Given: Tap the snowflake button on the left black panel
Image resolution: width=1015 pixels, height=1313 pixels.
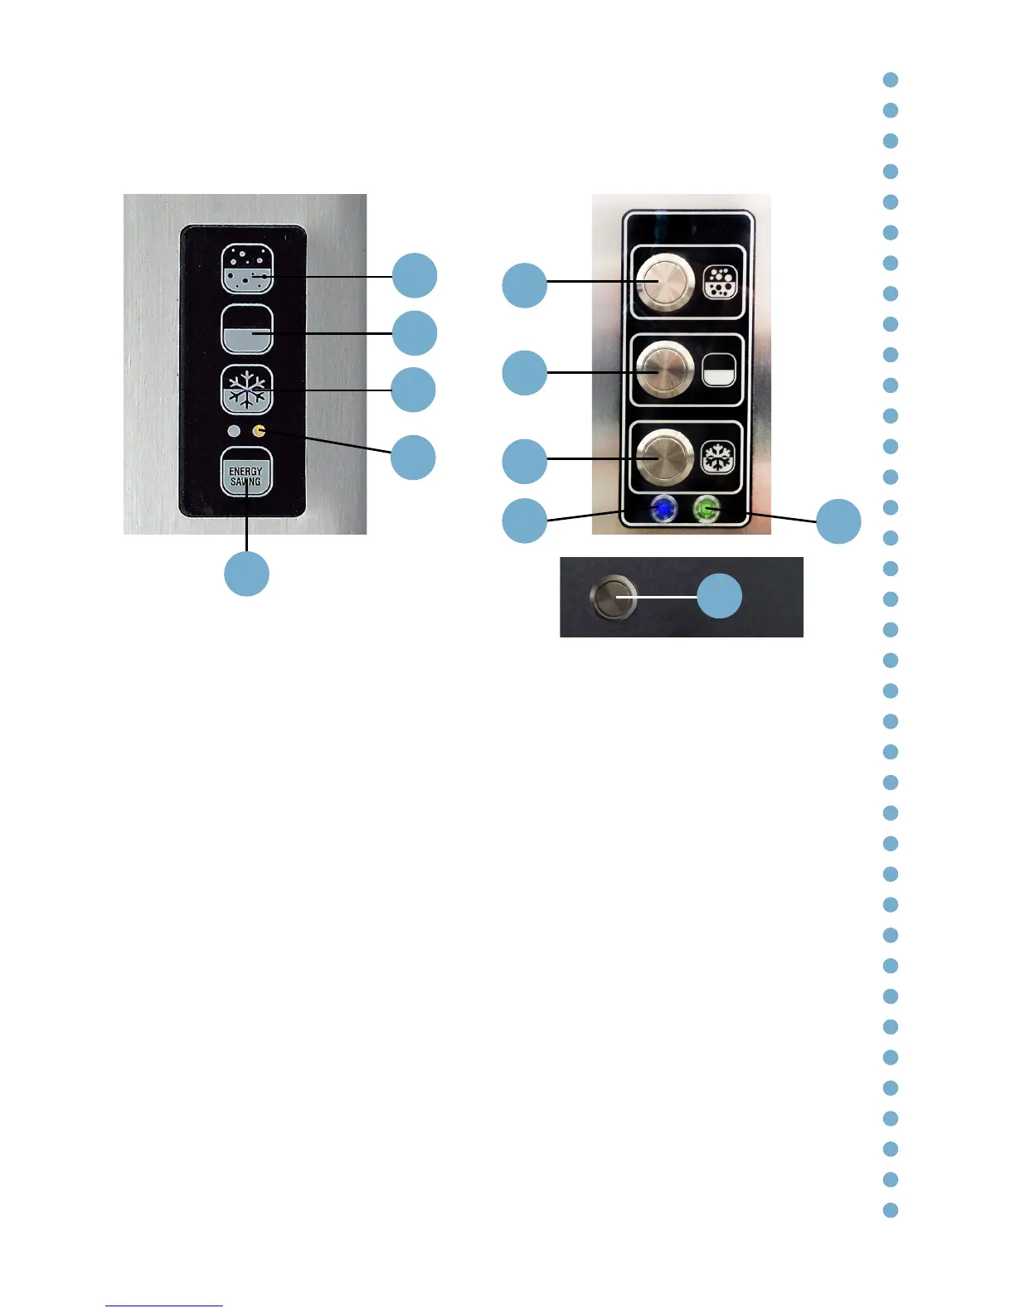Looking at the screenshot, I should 246,390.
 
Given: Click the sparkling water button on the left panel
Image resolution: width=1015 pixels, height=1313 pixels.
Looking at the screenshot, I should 246,269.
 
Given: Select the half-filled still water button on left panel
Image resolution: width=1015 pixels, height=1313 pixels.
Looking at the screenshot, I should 246,329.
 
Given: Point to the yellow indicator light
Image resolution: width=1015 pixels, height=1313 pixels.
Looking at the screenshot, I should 260,431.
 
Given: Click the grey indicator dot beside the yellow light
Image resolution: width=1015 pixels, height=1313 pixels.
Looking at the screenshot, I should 234,431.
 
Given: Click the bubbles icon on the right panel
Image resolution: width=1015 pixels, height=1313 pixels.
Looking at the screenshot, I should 719,283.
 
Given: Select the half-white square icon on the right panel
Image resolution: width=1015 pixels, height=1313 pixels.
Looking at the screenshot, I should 719,370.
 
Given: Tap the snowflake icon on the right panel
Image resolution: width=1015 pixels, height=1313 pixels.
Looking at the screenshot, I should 718,458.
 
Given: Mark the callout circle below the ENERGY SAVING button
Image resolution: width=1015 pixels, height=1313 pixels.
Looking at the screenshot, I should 246,574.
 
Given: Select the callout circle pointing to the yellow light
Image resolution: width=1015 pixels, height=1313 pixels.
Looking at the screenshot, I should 413,457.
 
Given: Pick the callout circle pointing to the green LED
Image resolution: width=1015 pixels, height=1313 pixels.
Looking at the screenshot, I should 838,521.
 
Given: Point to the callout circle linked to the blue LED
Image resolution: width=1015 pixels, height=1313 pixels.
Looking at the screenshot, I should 524,521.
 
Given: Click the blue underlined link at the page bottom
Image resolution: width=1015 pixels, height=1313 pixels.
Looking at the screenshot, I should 164,1306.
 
